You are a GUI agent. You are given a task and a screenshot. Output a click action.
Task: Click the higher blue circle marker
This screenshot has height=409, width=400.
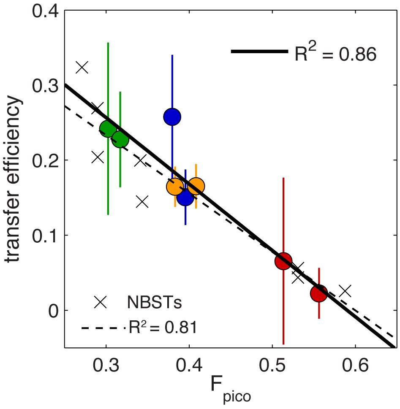point(172,116)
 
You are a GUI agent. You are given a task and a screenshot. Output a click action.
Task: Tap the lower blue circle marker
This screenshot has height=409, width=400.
point(185,197)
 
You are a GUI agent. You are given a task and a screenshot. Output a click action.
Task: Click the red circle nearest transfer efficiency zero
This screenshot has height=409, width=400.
point(319,293)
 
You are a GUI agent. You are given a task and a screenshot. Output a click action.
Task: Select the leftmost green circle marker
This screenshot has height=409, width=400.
point(108,128)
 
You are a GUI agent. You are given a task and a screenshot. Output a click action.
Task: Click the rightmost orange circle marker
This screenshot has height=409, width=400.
point(196,186)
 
